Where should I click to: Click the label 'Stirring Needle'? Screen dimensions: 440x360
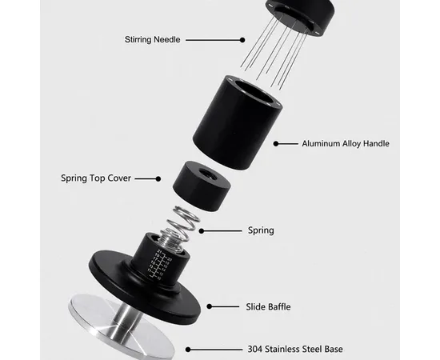click(x=152, y=39)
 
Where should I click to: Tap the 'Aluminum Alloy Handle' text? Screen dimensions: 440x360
click(x=346, y=144)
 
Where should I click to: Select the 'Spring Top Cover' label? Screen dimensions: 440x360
click(x=96, y=178)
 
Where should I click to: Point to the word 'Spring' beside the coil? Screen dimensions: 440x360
click(x=261, y=230)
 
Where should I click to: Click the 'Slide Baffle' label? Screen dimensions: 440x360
click(x=268, y=306)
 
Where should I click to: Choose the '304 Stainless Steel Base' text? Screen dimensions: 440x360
click(x=295, y=350)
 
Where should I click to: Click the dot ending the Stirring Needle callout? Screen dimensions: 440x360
click(x=242, y=40)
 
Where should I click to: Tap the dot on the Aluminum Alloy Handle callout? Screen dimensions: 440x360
click(x=276, y=144)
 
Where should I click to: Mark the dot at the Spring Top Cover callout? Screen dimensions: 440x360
click(x=158, y=178)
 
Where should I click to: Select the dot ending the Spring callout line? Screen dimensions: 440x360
click(x=202, y=231)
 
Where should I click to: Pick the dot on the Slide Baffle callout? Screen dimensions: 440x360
click(x=209, y=306)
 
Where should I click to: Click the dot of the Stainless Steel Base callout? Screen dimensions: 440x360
click(x=188, y=350)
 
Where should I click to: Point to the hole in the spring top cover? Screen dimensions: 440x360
click(x=207, y=174)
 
